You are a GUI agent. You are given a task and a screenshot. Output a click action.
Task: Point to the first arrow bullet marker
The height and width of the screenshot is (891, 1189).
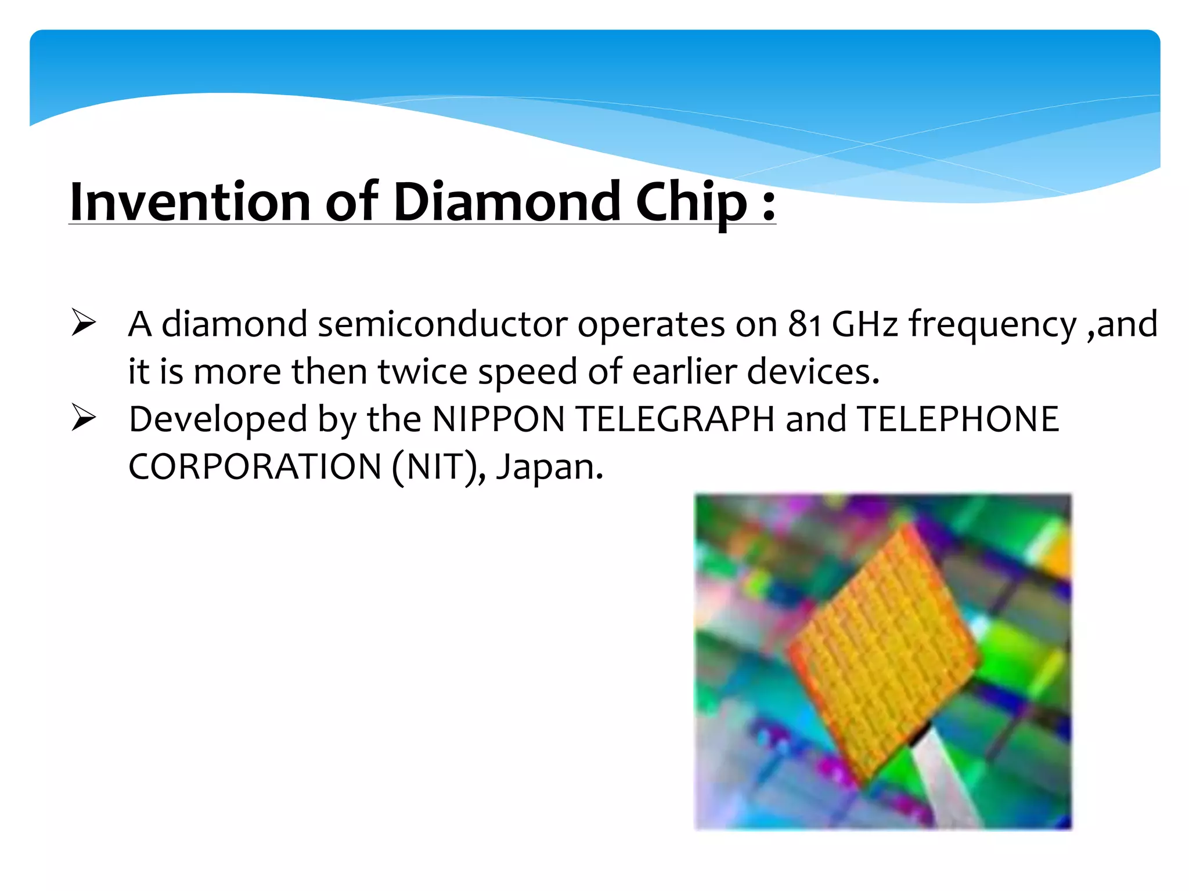pos(84,323)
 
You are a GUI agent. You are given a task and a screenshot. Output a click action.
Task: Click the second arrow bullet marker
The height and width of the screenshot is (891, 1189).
pos(84,418)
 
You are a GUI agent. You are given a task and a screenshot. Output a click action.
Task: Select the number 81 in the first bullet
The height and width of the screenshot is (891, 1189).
pos(804,324)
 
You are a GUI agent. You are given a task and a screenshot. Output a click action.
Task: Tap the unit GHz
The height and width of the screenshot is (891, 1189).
pos(864,324)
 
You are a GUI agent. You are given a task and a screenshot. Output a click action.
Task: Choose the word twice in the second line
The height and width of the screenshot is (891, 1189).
pos(422,371)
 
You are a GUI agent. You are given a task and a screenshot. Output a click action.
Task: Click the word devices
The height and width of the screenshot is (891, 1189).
pos(813,371)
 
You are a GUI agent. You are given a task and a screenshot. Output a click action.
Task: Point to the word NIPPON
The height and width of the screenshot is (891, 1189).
pos(499,419)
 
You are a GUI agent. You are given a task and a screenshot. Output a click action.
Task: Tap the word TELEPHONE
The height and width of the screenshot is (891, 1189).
pos(957,419)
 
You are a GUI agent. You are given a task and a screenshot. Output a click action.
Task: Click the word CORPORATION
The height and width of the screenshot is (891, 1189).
pos(254,466)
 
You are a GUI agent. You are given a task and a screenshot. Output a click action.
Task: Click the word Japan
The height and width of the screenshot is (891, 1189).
pos(549,467)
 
